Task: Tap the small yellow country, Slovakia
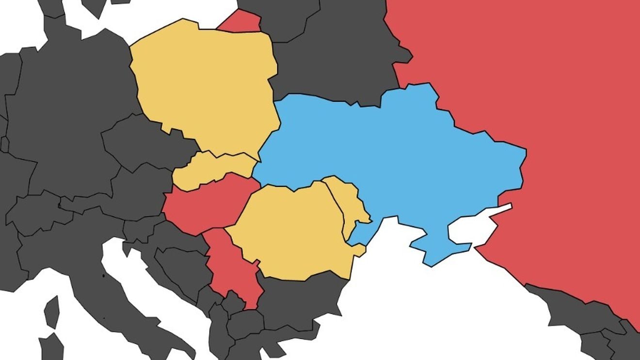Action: [213, 170]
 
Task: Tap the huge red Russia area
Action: [533, 97]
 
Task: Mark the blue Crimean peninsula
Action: [436, 247]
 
